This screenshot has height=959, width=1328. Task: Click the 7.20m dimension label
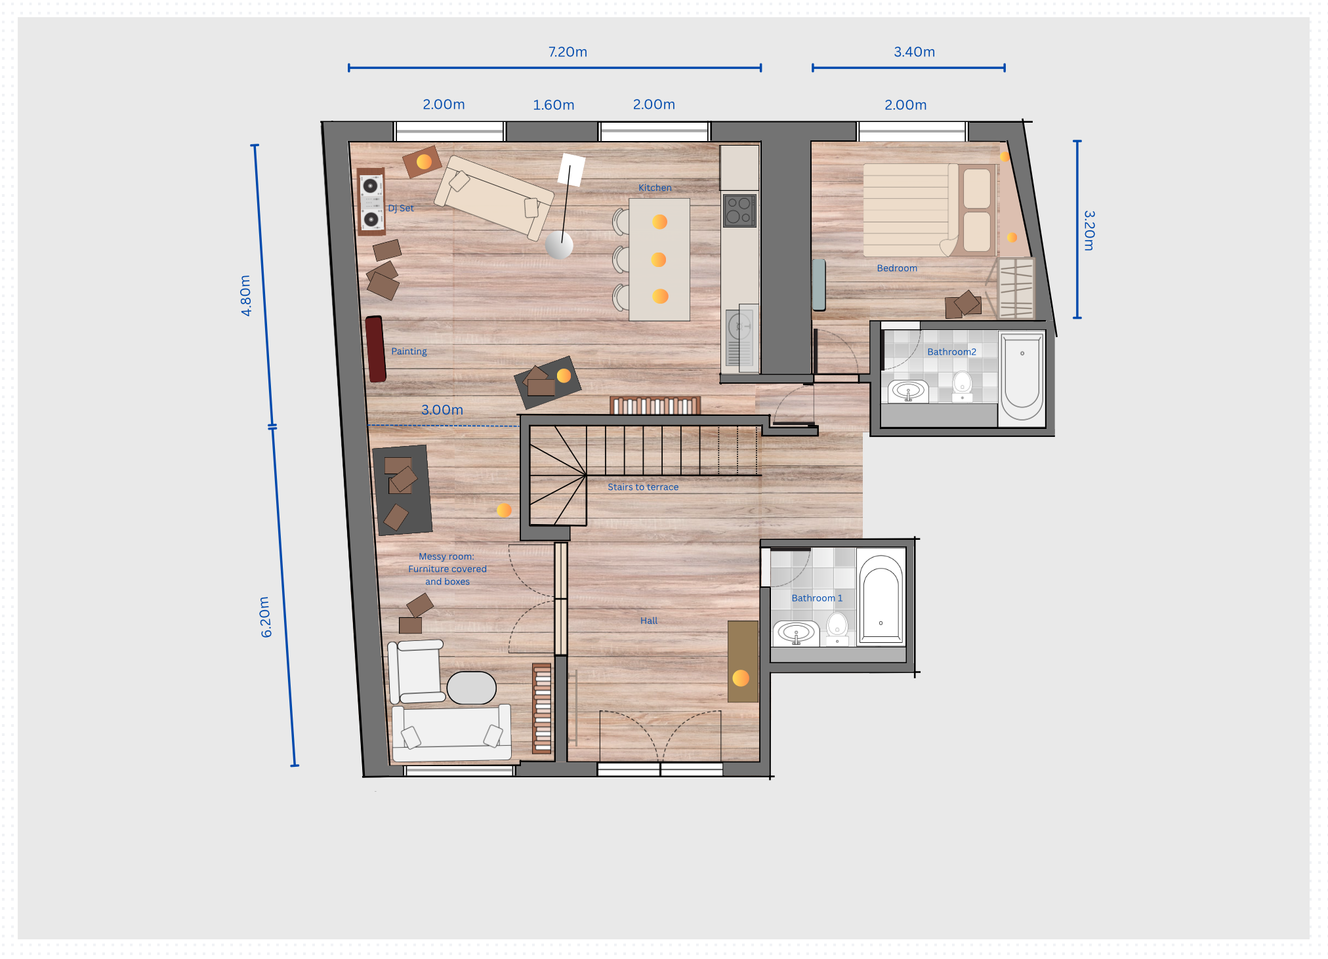[x=568, y=52]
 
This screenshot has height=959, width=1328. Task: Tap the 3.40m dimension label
[x=914, y=52]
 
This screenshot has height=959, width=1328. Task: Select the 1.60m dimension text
[x=553, y=105]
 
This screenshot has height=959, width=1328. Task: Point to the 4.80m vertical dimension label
[x=245, y=295]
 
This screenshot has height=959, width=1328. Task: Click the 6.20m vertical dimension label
[x=265, y=617]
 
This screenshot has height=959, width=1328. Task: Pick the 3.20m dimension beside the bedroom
[x=1089, y=230]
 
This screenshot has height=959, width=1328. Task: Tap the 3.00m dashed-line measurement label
[x=442, y=410]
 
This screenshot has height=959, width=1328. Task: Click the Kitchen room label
[x=655, y=188]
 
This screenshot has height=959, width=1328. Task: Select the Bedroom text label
[x=897, y=268]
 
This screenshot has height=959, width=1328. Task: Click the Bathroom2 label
[x=951, y=352]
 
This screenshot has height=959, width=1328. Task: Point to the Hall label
[x=649, y=621]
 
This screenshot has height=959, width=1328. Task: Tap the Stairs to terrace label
[x=643, y=487]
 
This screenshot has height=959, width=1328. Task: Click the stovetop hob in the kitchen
[x=739, y=211]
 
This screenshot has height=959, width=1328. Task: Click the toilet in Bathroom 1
[x=837, y=628]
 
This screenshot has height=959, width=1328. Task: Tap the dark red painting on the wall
[x=375, y=349]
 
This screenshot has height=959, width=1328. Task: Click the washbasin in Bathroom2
[x=908, y=392]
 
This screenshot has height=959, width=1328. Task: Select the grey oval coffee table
[x=471, y=688]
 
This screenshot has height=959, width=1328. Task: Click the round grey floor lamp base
[x=559, y=245]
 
